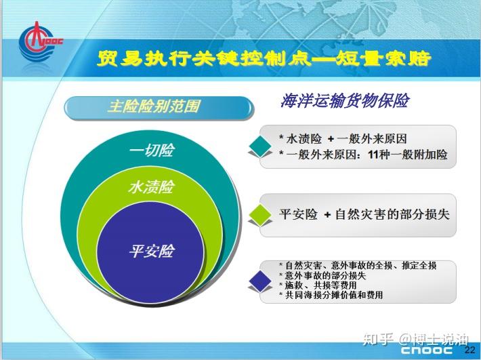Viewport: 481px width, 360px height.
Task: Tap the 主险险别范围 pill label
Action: pyautogui.click(x=154, y=106)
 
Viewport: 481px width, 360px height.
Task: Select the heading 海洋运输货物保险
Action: pyautogui.click(x=345, y=101)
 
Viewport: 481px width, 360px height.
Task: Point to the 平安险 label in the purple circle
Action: pyautogui.click(x=151, y=251)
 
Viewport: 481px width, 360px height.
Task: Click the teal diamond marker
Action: pyautogui.click(x=258, y=146)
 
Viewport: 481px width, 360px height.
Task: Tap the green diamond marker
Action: pyautogui.click(x=258, y=215)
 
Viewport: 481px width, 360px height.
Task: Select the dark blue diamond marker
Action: pyautogui.click(x=258, y=279)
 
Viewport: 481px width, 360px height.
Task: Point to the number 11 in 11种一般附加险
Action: pyautogui.click(x=373, y=155)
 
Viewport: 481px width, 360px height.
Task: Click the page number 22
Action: pyautogui.click(x=469, y=350)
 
